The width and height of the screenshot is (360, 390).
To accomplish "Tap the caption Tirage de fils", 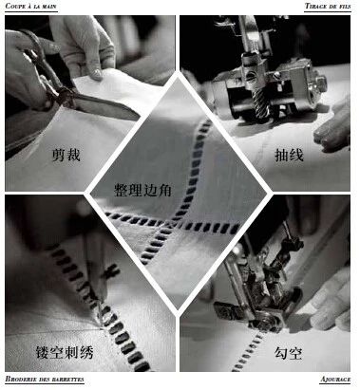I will click(x=328, y=6).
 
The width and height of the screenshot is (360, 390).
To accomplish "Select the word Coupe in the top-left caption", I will click(x=16, y=6).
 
